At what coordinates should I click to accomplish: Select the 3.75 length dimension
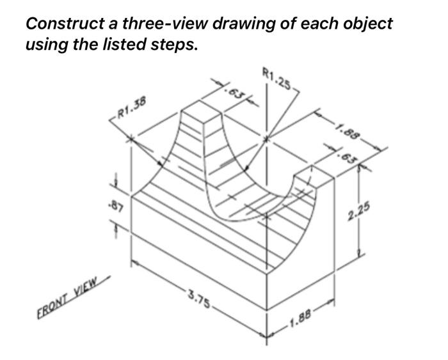click(x=198, y=299)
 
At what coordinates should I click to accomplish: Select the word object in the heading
click(x=365, y=24)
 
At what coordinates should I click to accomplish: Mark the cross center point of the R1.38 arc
click(x=132, y=138)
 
